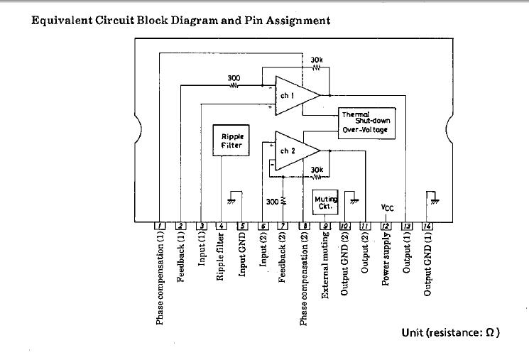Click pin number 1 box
[160, 226]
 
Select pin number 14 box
[427, 226]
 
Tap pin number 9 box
[325, 226]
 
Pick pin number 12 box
[386, 226]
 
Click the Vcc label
[387, 207]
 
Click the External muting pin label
[325, 265]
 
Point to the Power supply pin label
[386, 259]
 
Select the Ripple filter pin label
[220, 256]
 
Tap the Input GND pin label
[242, 254]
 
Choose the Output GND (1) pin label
[427, 264]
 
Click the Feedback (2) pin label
[283, 258]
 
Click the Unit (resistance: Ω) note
[451, 333]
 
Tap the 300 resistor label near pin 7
[272, 202]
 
